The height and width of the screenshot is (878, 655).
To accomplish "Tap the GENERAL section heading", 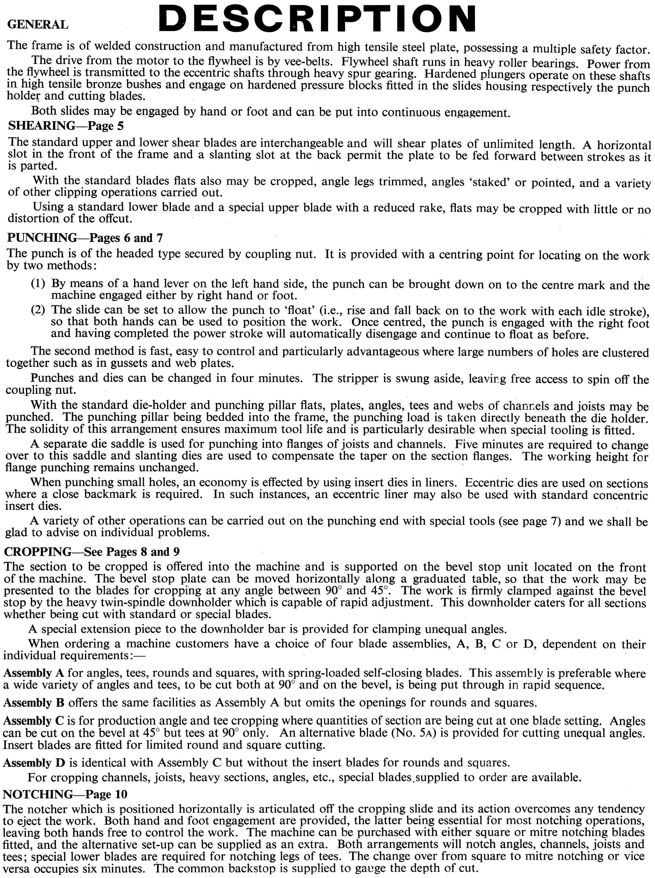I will [38, 25].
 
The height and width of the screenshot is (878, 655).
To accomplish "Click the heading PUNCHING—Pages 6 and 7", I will [85, 238].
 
